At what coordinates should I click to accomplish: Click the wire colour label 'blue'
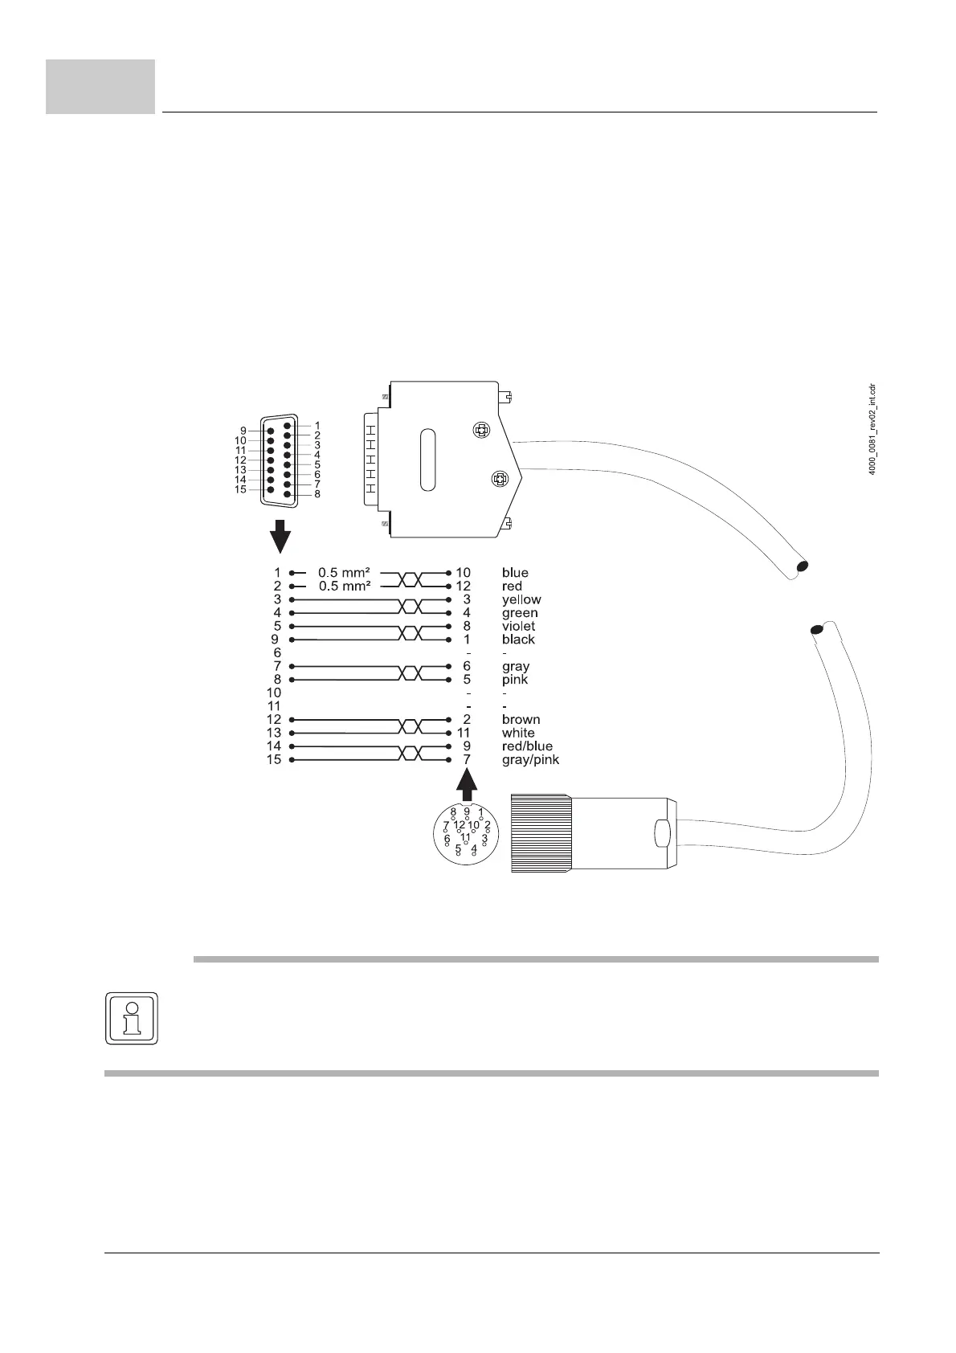click(515, 573)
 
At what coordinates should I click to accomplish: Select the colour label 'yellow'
click(521, 599)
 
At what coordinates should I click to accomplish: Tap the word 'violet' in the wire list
click(518, 626)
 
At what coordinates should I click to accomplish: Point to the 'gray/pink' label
click(530, 759)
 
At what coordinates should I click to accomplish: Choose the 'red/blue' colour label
click(527, 746)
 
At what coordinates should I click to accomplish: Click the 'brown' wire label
click(521, 719)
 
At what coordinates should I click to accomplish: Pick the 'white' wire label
click(518, 733)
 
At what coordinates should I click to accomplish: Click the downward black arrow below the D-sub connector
click(280, 536)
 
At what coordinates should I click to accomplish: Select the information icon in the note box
click(132, 1019)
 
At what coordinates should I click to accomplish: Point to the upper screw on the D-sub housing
click(480, 431)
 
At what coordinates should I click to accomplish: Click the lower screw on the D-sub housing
click(499, 480)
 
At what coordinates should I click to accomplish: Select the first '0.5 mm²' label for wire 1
click(344, 573)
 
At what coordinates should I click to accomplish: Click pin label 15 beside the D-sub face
click(240, 489)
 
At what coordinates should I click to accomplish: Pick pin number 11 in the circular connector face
click(465, 836)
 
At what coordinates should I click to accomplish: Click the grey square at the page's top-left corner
click(100, 87)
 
